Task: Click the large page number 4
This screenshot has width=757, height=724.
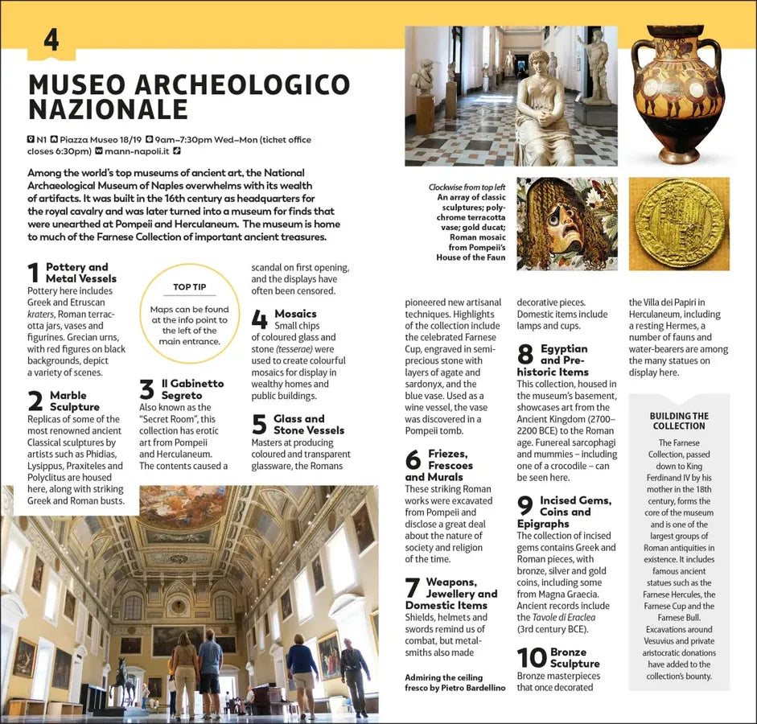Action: pos(51,39)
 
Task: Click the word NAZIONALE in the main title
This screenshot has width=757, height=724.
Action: pos(109,110)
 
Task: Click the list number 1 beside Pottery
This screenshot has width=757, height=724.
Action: pos(34,274)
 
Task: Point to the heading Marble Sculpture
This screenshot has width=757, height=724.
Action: pos(75,401)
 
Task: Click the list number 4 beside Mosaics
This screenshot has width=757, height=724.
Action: pos(259,320)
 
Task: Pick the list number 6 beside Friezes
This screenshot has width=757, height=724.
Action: pos(413,460)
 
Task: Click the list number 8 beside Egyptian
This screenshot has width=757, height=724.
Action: pos(525,355)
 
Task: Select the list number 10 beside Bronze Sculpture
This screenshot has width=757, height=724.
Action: pos(532,658)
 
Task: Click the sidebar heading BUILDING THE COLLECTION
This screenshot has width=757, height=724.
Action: pos(679,421)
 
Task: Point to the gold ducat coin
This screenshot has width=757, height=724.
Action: pos(679,223)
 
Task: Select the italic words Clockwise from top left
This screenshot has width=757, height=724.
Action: pos(467,187)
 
